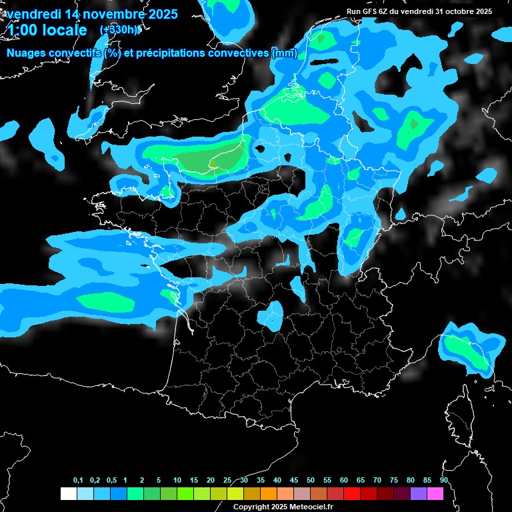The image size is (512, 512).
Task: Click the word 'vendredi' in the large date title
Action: point(35,14)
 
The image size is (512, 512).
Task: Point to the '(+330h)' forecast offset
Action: point(120,30)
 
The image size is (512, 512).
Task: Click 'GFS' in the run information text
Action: point(375,11)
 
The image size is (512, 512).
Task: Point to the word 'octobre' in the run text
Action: point(454,11)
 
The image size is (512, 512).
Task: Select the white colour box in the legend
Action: point(68,494)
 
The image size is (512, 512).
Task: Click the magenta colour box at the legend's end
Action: point(435,494)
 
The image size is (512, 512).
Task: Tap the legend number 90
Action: point(444,480)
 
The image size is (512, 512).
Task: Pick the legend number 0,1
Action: point(78,480)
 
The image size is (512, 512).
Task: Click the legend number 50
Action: point(311,480)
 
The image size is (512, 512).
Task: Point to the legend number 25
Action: point(227,480)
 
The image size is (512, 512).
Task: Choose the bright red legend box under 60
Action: point(352,494)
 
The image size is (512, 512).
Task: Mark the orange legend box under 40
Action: point(269,494)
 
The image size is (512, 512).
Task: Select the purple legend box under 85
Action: point(419,494)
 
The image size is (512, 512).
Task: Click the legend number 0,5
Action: point(111,480)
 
